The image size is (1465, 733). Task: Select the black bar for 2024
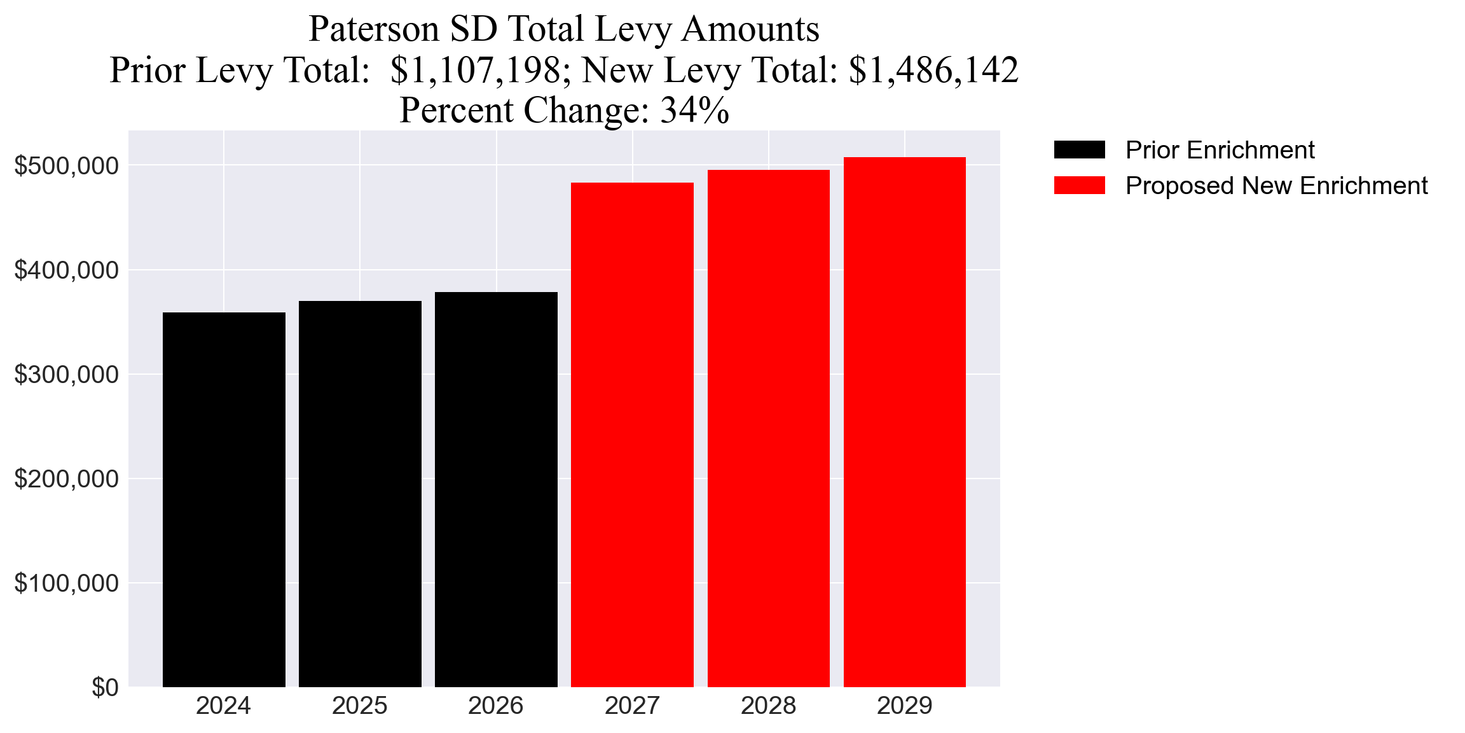pyautogui.click(x=224, y=499)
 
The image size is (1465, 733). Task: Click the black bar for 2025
pyautogui.click(x=360, y=494)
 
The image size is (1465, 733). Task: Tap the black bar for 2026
pyautogui.click(x=496, y=489)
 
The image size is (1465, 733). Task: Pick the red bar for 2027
pyautogui.click(x=632, y=435)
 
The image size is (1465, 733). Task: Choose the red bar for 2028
pyautogui.click(x=768, y=428)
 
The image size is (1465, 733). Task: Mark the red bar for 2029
pyautogui.click(x=904, y=422)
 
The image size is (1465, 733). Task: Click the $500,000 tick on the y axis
pyautogui.click(x=66, y=166)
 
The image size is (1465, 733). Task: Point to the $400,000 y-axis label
pyautogui.click(x=66, y=270)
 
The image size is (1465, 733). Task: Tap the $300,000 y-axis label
pyautogui.click(x=66, y=375)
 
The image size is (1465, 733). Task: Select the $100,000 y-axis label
pyautogui.click(x=66, y=583)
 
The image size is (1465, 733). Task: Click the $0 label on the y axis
pyautogui.click(x=105, y=688)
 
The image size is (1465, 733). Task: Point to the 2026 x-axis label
pyautogui.click(x=496, y=706)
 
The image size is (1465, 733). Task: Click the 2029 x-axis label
pyautogui.click(x=904, y=706)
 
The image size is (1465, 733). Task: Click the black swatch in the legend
pyautogui.click(x=1079, y=150)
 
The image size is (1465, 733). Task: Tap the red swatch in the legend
pyautogui.click(x=1079, y=186)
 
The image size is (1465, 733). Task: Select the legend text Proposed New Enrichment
pyautogui.click(x=1276, y=186)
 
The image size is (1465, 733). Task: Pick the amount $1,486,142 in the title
pyautogui.click(x=933, y=70)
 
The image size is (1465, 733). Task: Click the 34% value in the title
pyautogui.click(x=694, y=111)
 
